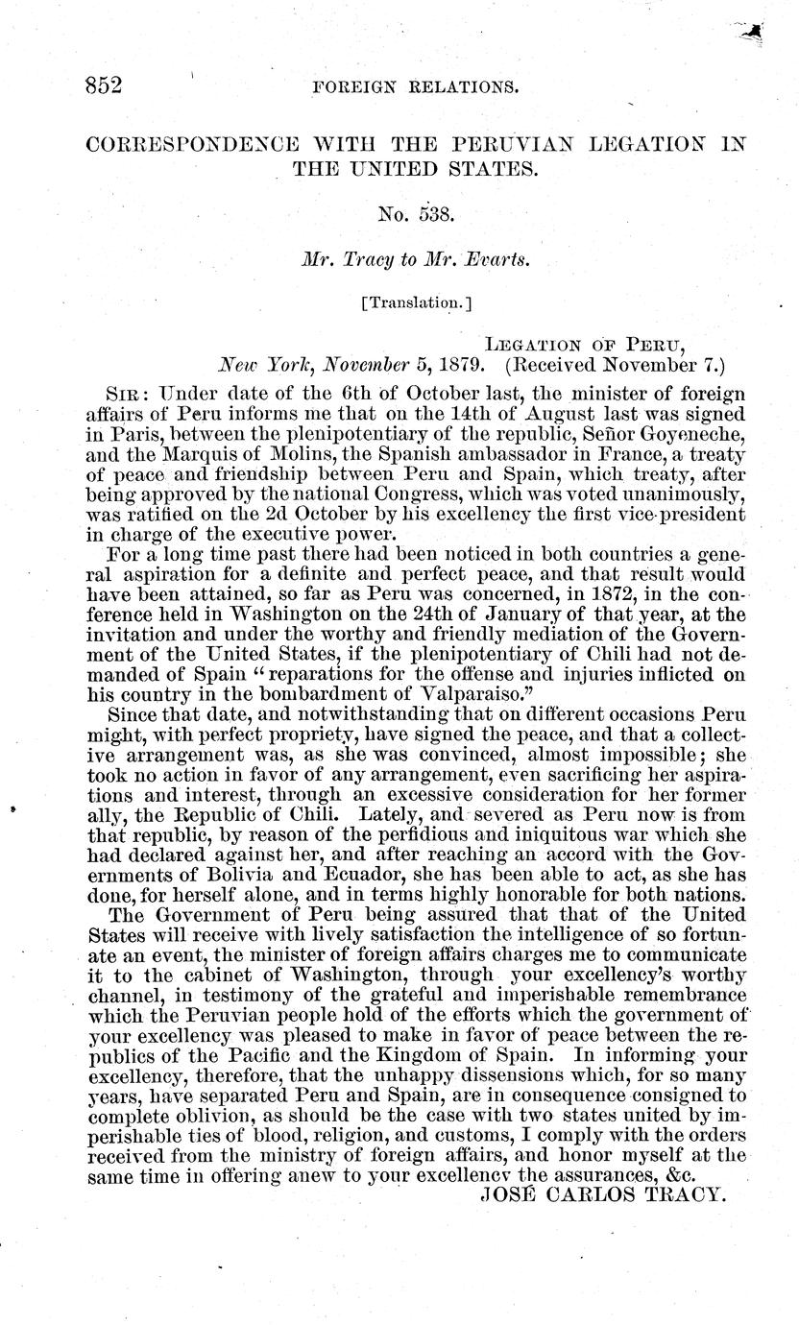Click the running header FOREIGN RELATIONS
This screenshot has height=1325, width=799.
pyautogui.click(x=416, y=87)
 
